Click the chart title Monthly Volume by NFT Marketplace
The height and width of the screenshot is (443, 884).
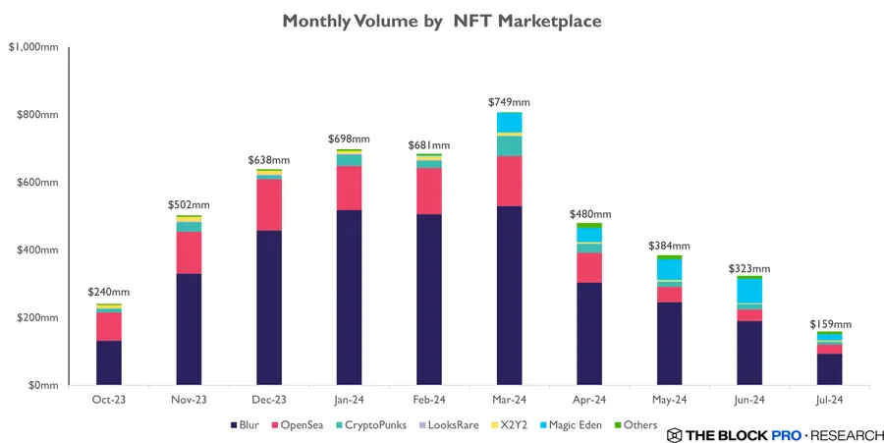coord(441,21)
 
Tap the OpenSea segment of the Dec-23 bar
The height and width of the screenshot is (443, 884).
coord(268,204)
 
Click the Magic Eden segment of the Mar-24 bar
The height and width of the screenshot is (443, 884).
coord(509,122)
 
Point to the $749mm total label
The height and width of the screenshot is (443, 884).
coord(509,102)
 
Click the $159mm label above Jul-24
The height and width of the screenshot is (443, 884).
coord(830,324)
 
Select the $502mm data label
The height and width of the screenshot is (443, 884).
coord(190,205)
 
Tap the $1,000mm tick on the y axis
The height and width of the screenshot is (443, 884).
coord(32,47)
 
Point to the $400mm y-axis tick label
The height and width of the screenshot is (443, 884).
coord(37,249)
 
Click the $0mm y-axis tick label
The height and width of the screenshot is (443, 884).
coord(42,385)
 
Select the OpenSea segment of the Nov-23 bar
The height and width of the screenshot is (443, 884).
coord(189,252)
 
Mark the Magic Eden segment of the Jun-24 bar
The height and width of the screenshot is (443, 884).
coord(749,291)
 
